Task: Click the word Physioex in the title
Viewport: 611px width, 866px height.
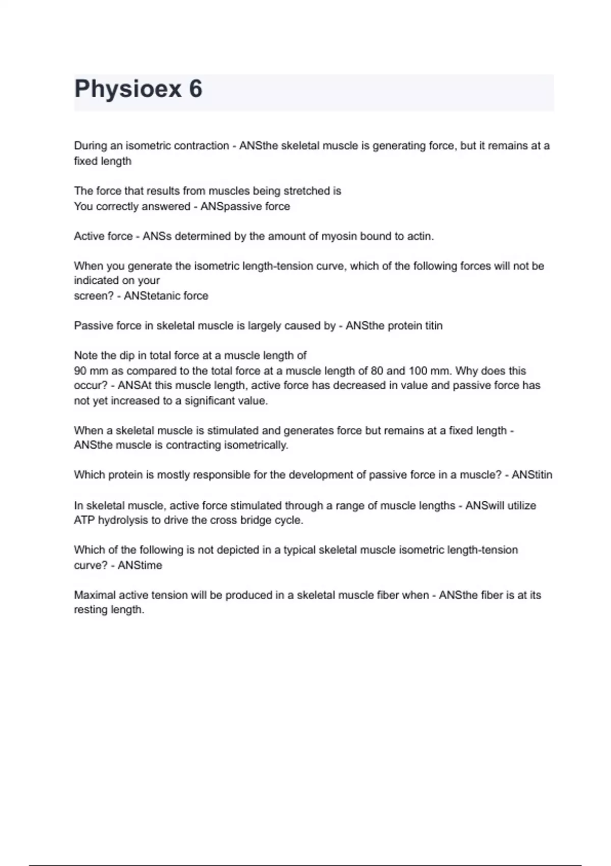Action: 128,89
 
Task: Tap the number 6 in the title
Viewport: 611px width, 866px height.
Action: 196,89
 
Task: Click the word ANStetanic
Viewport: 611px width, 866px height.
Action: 149,296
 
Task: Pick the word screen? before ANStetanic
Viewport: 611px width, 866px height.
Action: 94,296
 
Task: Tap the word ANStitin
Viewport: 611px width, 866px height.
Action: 532,475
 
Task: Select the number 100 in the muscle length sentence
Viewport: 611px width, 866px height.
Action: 417,371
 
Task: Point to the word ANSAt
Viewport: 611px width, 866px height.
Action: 134,386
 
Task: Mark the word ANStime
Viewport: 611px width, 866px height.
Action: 140,565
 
